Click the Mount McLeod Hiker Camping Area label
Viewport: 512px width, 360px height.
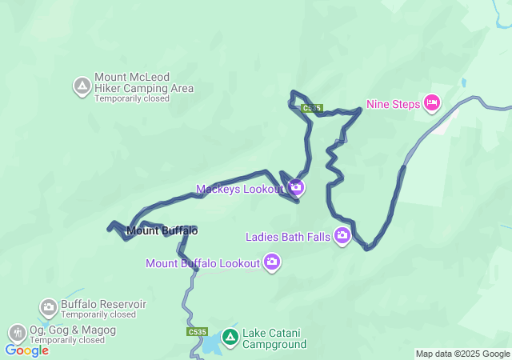143,82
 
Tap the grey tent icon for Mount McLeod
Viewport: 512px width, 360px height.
82,86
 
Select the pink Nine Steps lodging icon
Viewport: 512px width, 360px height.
432,102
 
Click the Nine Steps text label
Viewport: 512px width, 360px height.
393,103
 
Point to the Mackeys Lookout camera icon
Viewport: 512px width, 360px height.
296,188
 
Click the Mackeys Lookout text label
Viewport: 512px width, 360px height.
240,189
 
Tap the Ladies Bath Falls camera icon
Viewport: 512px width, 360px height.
343,235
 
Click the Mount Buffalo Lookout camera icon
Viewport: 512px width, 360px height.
272,262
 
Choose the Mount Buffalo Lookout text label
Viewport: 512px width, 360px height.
203,262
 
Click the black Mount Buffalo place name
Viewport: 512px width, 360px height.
162,231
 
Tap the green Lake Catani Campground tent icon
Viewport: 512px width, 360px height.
230,338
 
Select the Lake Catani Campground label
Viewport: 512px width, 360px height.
275,339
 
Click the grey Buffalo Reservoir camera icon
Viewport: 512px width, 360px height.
49,306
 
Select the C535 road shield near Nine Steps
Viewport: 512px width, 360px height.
312,107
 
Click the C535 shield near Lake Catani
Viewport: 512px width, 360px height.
197,331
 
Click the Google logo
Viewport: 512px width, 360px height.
26,350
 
